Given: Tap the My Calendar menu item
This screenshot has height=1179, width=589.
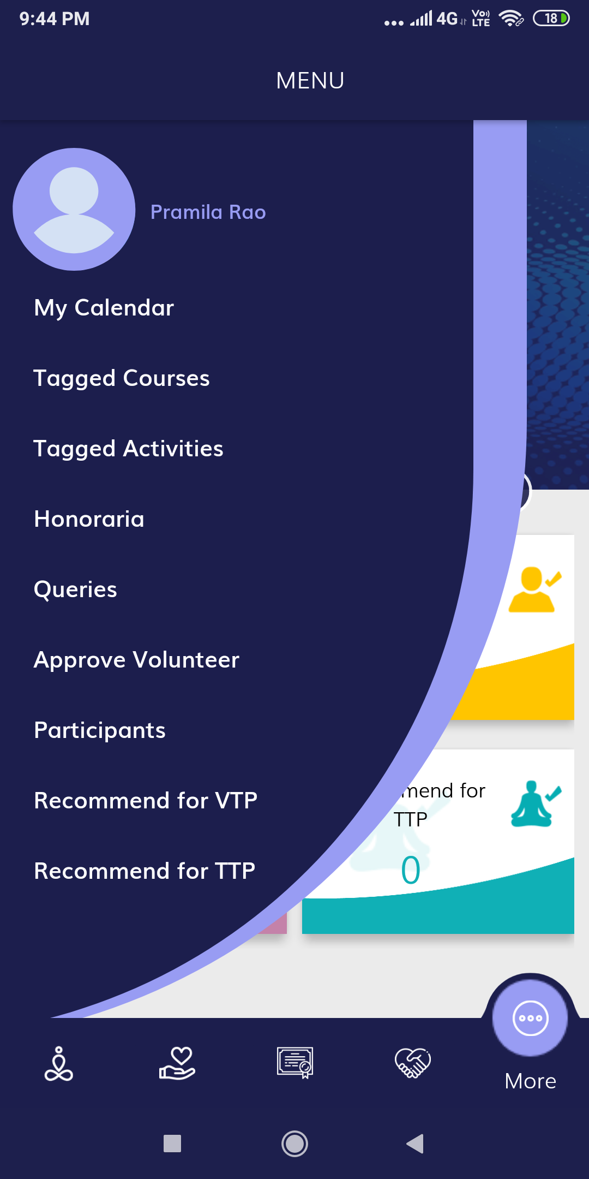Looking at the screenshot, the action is tap(104, 308).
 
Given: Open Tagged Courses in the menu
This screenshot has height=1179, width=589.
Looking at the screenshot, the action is tap(122, 378).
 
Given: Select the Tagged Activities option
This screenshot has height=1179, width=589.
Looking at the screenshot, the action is tap(129, 449).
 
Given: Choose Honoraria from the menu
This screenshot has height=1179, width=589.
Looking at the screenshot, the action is tap(89, 519).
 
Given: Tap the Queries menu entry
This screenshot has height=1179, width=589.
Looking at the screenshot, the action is tap(76, 589).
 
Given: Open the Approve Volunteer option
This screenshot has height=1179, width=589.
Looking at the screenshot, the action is tap(137, 660).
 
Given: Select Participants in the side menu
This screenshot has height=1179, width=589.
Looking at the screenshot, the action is tap(100, 730).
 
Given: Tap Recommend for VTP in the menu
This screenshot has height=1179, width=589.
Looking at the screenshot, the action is tap(146, 801).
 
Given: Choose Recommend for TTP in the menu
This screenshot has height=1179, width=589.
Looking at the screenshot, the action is tap(145, 871).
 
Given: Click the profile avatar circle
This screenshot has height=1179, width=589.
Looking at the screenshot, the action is tap(74, 209).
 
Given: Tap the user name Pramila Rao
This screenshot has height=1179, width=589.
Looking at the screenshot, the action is tap(208, 212).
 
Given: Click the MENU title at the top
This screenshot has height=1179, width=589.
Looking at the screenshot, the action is tap(310, 81).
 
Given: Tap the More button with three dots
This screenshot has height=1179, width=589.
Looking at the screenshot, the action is tap(530, 1019).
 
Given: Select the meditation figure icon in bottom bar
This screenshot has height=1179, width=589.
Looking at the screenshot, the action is tap(59, 1064).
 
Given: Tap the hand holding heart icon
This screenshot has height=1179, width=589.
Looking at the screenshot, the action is tap(177, 1063).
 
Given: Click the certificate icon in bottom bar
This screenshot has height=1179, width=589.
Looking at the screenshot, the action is tap(295, 1063).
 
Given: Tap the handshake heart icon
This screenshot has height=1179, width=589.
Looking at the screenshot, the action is tap(413, 1063).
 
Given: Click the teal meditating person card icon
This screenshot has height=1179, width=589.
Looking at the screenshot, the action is tap(536, 803).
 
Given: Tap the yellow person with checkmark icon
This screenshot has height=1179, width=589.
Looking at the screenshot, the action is tap(534, 589).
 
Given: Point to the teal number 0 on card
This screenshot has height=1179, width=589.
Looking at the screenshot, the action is tap(411, 870).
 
